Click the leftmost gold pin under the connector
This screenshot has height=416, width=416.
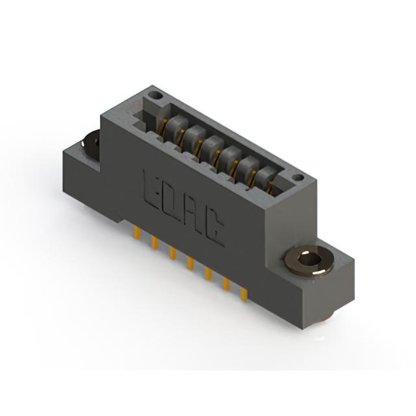pyautogui.click(x=137, y=233)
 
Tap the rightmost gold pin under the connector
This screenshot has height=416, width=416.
pyautogui.click(x=244, y=294)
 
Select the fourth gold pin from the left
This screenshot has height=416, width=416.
pyautogui.click(x=190, y=263)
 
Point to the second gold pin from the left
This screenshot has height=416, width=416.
pyautogui.click(x=155, y=243)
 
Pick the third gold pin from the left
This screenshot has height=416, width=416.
pyautogui.click(x=172, y=253)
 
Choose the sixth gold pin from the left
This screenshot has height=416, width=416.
pyautogui.click(x=226, y=284)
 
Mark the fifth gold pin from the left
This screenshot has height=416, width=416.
pyautogui.click(x=208, y=274)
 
